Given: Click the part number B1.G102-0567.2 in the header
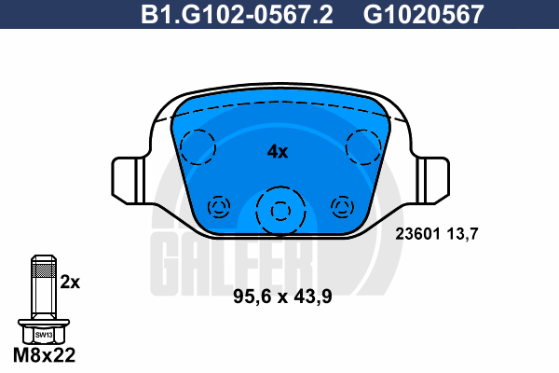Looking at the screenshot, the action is (237, 14).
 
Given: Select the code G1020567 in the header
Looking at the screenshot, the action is (424, 14).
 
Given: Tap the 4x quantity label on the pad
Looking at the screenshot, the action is (278, 152).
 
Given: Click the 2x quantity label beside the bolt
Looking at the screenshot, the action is (70, 282).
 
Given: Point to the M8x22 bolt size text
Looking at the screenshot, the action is (44, 354).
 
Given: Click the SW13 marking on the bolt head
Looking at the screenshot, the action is (44, 335).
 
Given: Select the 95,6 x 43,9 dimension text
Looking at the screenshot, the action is (282, 297).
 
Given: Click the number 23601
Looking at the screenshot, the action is (417, 234).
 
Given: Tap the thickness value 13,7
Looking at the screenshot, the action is (462, 234).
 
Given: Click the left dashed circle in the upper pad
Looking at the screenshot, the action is (181, 147).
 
